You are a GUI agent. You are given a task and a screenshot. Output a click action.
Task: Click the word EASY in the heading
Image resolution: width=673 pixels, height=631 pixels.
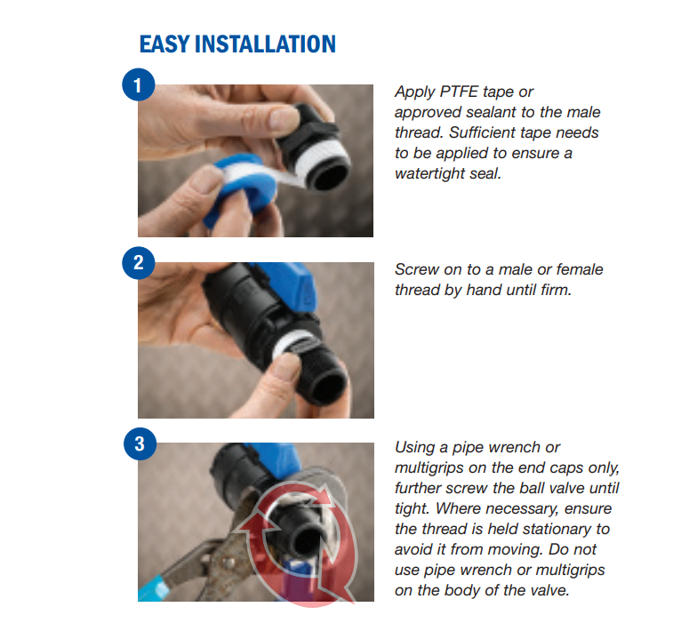click(164, 44)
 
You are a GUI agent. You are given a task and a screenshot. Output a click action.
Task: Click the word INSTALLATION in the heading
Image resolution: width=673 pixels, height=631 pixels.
click(265, 44)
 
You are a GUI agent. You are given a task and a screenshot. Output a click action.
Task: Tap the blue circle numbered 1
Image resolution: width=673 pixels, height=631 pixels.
click(138, 85)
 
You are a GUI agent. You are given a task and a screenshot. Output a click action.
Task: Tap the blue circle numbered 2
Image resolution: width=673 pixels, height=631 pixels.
click(138, 262)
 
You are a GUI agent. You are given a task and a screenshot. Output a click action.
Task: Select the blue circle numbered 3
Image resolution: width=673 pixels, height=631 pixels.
click(140, 443)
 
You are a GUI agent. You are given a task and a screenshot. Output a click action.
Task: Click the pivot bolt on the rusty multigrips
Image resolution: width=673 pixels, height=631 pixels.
click(227, 561)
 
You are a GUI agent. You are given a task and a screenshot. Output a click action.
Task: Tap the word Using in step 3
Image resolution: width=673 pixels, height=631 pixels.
click(414, 447)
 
